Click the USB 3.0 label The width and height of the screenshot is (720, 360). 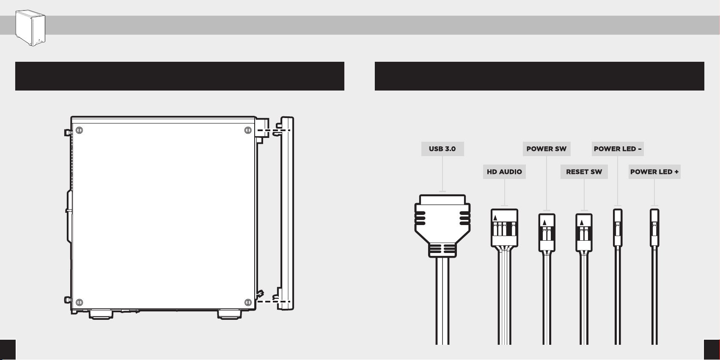point(442,149)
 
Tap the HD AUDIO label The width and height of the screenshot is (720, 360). point(504,172)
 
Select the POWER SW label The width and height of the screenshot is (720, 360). point(547,149)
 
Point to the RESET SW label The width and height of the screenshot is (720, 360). point(584,172)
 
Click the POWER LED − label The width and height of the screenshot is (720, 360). point(618,149)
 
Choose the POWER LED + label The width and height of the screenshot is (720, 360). point(654,172)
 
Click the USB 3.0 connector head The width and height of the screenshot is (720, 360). point(442,225)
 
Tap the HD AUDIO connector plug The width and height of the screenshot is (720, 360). point(504,228)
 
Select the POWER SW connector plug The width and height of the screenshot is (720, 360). point(547,232)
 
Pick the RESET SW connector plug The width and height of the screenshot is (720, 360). point(584,232)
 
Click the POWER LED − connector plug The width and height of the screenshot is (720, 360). point(618,228)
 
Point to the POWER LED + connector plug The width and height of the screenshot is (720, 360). point(654,228)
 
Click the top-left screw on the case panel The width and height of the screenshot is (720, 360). point(79,130)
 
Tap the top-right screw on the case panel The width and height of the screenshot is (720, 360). point(248,130)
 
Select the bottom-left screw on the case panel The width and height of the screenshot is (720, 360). point(79,302)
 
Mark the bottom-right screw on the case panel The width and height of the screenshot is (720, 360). point(248,302)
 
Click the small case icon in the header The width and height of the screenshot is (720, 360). point(30,28)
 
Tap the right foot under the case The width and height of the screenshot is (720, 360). point(230,314)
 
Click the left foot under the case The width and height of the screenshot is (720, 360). point(101,314)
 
